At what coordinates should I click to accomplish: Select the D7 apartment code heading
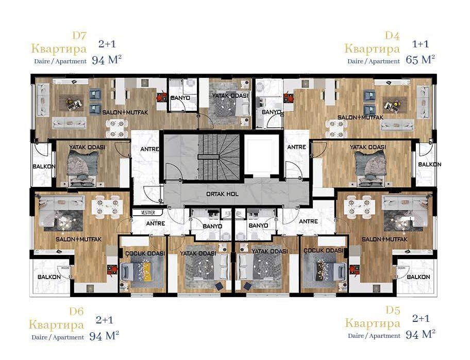tap(79, 36)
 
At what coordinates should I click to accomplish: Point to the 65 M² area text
tap(420, 59)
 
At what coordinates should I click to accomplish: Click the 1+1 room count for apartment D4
tap(420, 44)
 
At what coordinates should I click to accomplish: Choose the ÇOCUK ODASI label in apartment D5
tap(324, 250)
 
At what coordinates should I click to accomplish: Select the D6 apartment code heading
tap(76, 311)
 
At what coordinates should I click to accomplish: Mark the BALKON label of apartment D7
tap(41, 166)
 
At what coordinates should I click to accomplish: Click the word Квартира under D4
tap(372, 49)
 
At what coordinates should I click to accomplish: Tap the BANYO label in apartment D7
tap(180, 97)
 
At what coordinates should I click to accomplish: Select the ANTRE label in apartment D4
tap(296, 147)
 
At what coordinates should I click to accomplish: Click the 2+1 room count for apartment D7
tap(107, 44)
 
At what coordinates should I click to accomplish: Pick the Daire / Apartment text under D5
tap(374, 336)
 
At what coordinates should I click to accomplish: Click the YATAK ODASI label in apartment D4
tap(368, 147)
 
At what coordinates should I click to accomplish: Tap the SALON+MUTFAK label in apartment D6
tap(79, 239)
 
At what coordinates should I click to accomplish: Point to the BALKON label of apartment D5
tap(418, 277)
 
